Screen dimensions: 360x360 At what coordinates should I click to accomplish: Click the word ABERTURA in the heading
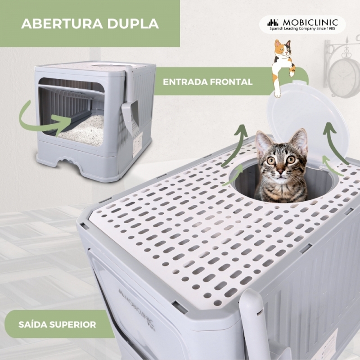tap(62, 23)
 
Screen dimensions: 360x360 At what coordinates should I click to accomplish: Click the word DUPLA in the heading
tap(133, 23)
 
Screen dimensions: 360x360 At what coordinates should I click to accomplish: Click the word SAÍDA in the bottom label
tap(32, 324)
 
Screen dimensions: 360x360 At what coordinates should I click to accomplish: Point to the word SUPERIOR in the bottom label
tap(72, 324)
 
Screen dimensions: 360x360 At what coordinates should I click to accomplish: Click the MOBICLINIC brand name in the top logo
tap(310, 22)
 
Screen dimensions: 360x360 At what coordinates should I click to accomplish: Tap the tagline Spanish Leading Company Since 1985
tap(302, 29)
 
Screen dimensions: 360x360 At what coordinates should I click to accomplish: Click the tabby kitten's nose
tap(280, 171)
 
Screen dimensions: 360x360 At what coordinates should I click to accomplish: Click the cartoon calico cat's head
tap(283, 49)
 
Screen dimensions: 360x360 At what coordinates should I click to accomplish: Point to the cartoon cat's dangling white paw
tap(277, 93)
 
